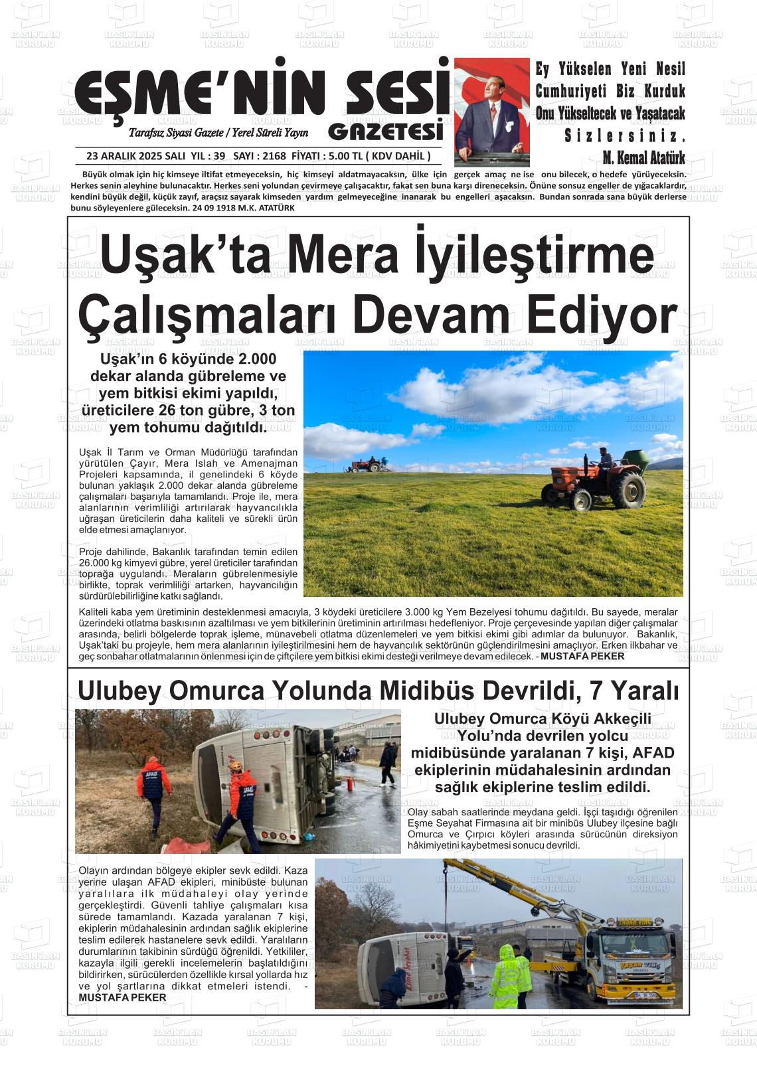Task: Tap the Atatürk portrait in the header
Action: click(x=492, y=112)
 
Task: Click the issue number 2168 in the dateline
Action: click(x=274, y=157)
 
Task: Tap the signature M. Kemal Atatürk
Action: click(x=643, y=158)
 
